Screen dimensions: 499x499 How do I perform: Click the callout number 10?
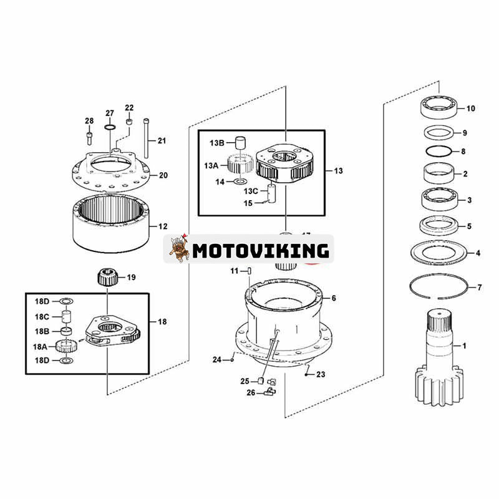(x=470, y=109)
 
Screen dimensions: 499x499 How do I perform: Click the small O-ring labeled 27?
(x=110, y=128)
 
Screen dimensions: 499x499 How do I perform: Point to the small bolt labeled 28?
(x=90, y=133)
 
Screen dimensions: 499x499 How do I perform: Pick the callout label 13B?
(x=217, y=143)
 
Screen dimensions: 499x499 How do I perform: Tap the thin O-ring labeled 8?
(x=441, y=152)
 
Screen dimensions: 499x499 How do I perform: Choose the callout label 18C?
(x=42, y=316)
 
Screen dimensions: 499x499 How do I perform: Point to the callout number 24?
(x=216, y=360)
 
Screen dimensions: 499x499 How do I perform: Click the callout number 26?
(x=251, y=392)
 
